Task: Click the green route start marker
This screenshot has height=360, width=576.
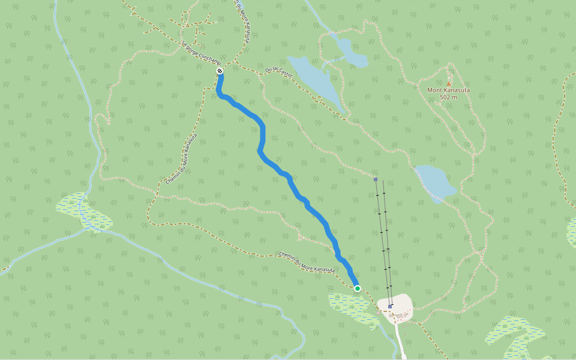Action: pos(358,289)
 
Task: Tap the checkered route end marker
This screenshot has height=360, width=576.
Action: pos(220,71)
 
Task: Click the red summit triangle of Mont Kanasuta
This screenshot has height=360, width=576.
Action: pos(448,84)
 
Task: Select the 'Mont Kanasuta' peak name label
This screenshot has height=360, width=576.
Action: pos(448,91)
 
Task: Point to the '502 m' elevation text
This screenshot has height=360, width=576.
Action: pos(448,97)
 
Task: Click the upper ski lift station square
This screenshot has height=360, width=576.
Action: pos(376,179)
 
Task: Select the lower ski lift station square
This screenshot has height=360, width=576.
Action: pos(390,306)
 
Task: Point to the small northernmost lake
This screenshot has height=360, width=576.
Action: pos(350,52)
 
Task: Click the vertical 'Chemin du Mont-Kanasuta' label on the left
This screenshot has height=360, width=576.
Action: pos(181,159)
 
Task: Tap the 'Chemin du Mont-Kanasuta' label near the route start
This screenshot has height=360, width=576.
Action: pos(307,262)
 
